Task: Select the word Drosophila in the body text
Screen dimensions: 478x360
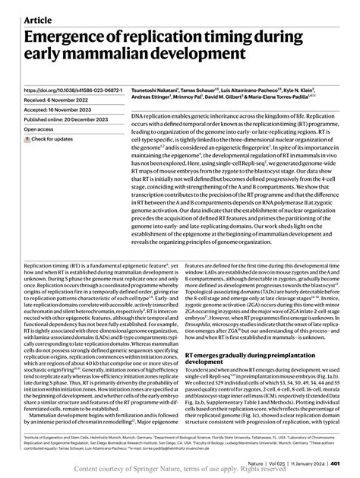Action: [x=203, y=325]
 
